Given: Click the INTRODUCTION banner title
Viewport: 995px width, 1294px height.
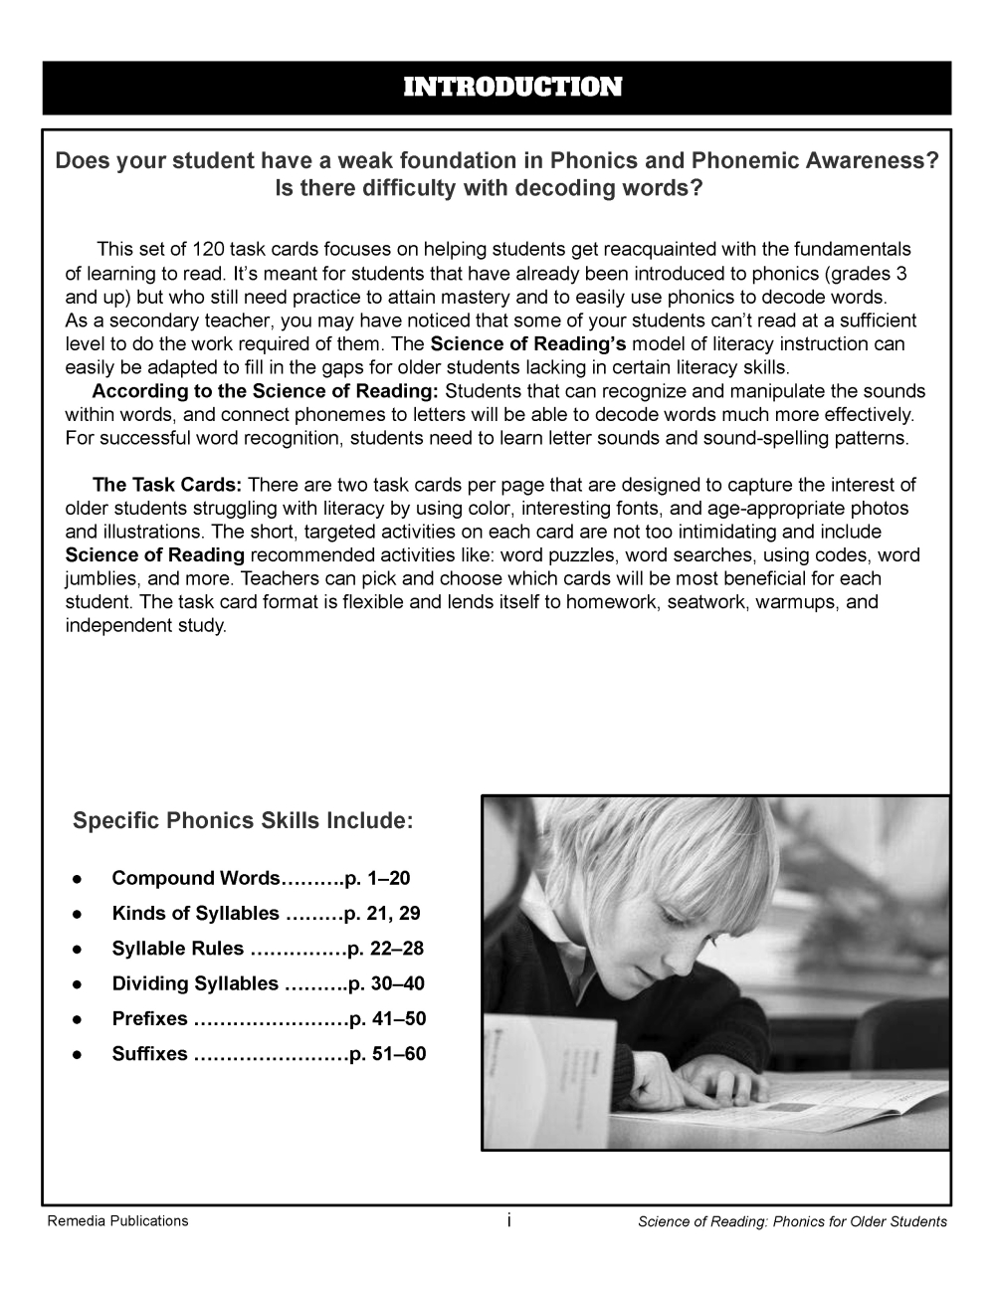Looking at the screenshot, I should (512, 88).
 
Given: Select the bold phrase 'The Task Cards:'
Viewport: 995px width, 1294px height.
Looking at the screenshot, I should (167, 486).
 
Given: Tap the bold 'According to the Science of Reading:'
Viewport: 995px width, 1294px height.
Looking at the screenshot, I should (265, 391).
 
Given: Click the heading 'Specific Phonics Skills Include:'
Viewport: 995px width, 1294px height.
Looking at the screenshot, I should (243, 822).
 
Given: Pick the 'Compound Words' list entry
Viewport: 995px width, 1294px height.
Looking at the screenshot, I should (196, 878).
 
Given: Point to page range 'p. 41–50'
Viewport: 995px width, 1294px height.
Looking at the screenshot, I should (388, 1018).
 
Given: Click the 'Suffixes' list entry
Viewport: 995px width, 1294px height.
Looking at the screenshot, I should (149, 1053).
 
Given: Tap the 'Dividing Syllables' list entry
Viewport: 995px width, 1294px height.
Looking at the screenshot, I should (195, 983).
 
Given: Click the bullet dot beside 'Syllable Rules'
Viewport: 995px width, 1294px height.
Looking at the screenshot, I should (76, 950).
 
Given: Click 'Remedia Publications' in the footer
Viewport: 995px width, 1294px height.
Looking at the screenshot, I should (117, 1220).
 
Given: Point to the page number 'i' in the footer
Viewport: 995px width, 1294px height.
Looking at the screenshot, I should (508, 1219).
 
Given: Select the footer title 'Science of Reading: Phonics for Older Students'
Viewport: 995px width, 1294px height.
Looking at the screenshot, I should (792, 1221).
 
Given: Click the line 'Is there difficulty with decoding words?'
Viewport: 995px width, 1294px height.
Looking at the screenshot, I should (489, 189).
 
